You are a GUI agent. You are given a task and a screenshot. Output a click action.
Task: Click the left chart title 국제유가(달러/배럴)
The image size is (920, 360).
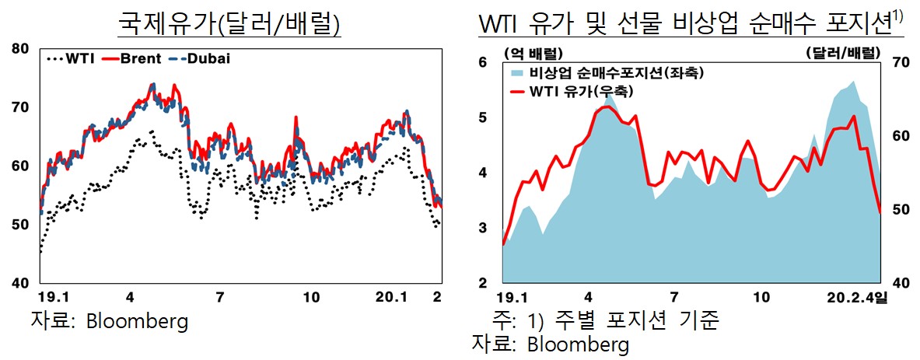click(229, 23)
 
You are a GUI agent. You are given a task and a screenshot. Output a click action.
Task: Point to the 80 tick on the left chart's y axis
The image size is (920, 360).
click(20, 49)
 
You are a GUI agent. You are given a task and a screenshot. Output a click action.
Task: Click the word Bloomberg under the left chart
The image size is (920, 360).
click(137, 321)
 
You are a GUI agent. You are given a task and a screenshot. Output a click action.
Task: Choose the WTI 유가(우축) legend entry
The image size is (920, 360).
click(579, 92)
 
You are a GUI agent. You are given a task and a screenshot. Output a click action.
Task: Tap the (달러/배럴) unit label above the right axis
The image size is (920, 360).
click(844, 53)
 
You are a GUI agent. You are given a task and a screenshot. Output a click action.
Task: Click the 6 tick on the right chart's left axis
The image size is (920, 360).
click(483, 62)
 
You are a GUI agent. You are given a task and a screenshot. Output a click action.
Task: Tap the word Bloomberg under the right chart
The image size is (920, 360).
click(578, 344)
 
